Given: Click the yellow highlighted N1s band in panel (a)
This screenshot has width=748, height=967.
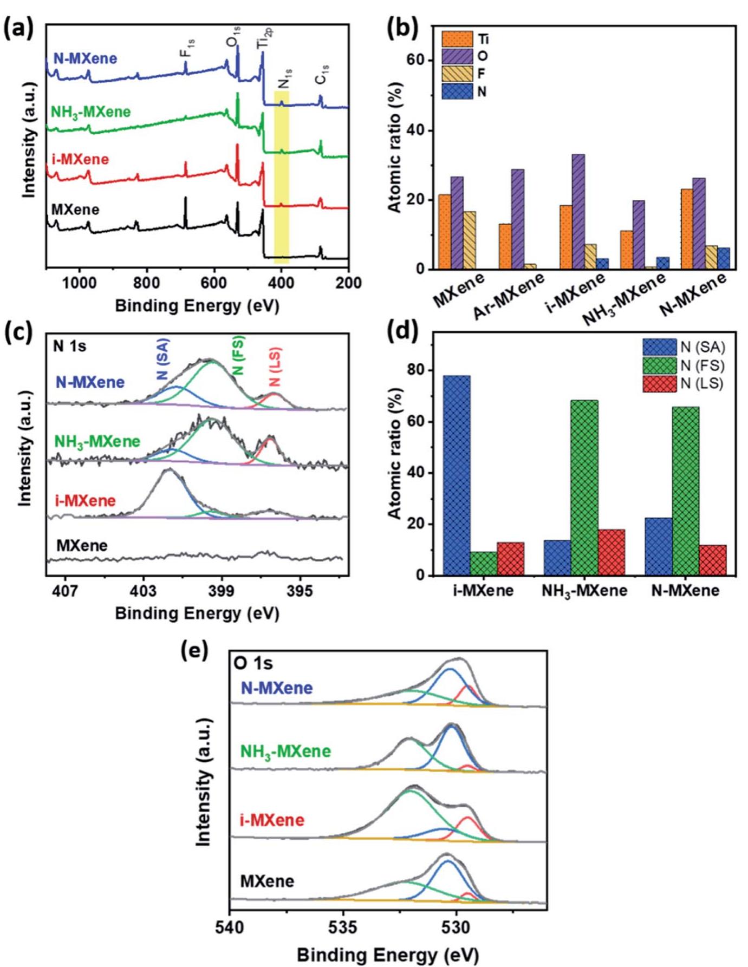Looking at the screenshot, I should pos(281,179).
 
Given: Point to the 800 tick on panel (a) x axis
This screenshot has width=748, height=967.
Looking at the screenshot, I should pos(146,283).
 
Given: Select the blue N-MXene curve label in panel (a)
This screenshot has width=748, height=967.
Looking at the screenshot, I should pos(85,58).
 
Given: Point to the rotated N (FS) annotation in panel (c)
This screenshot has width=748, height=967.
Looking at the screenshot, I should pos(238,355).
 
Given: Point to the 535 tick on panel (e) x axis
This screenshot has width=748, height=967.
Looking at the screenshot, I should pos(343,927).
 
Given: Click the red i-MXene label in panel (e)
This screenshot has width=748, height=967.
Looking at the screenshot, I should pos(271,820).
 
